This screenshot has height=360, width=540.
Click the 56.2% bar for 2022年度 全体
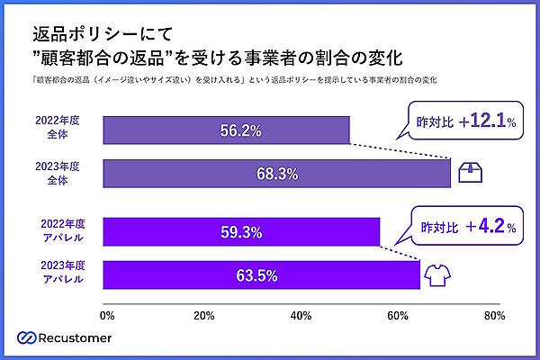(x=227, y=130)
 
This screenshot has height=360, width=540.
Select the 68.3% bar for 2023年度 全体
(x=277, y=173)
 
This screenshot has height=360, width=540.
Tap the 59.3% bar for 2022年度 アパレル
(x=241, y=232)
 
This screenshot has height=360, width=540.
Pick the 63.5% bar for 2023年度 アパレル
(x=261, y=274)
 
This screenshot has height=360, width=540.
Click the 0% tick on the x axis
(x=106, y=315)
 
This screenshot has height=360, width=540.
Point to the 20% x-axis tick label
(x=202, y=315)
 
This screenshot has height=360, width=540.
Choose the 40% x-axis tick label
(x=299, y=315)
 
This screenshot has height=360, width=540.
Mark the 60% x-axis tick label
(x=396, y=315)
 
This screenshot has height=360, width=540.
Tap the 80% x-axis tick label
(x=492, y=315)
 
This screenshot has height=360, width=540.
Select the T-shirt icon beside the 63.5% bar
(x=439, y=273)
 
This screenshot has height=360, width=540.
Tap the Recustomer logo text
(x=85, y=337)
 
